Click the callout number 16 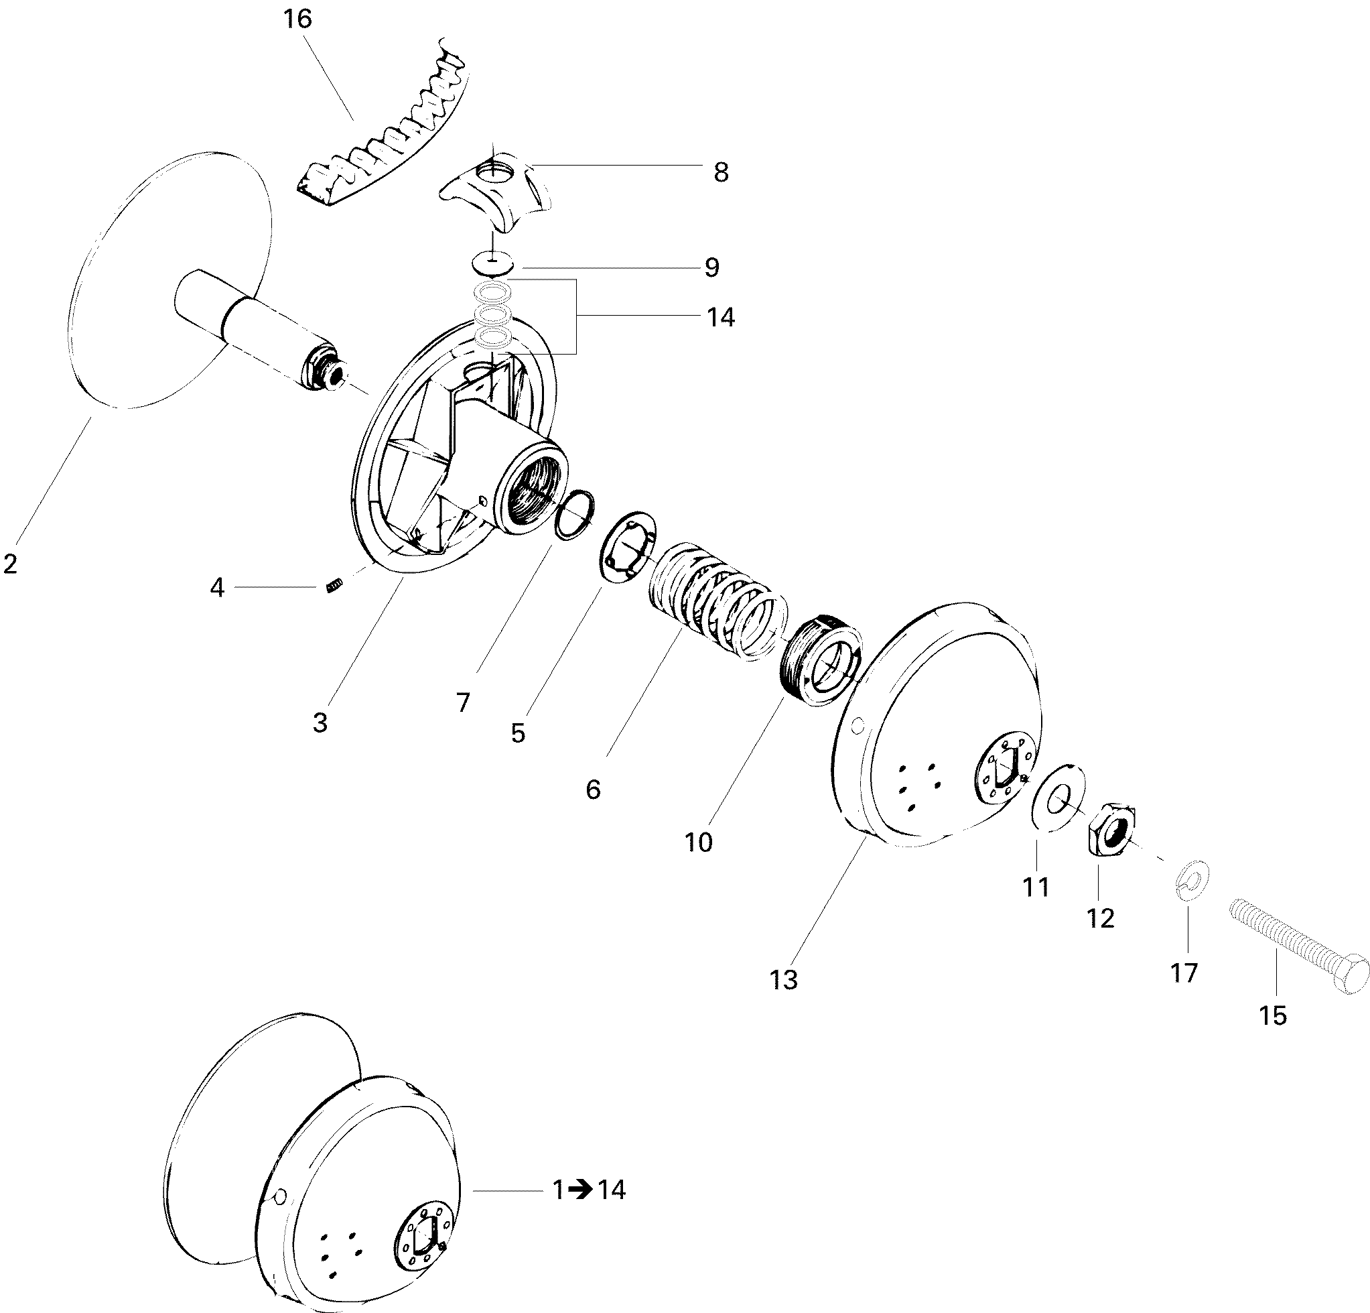click(x=297, y=19)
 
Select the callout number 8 click(x=721, y=173)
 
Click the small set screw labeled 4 click(x=335, y=585)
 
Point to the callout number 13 click(x=784, y=979)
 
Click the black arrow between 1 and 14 click(x=579, y=1189)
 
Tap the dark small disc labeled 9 click(x=494, y=265)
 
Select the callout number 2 click(x=10, y=564)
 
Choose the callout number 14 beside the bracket click(x=721, y=318)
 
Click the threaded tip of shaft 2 click(x=328, y=374)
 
